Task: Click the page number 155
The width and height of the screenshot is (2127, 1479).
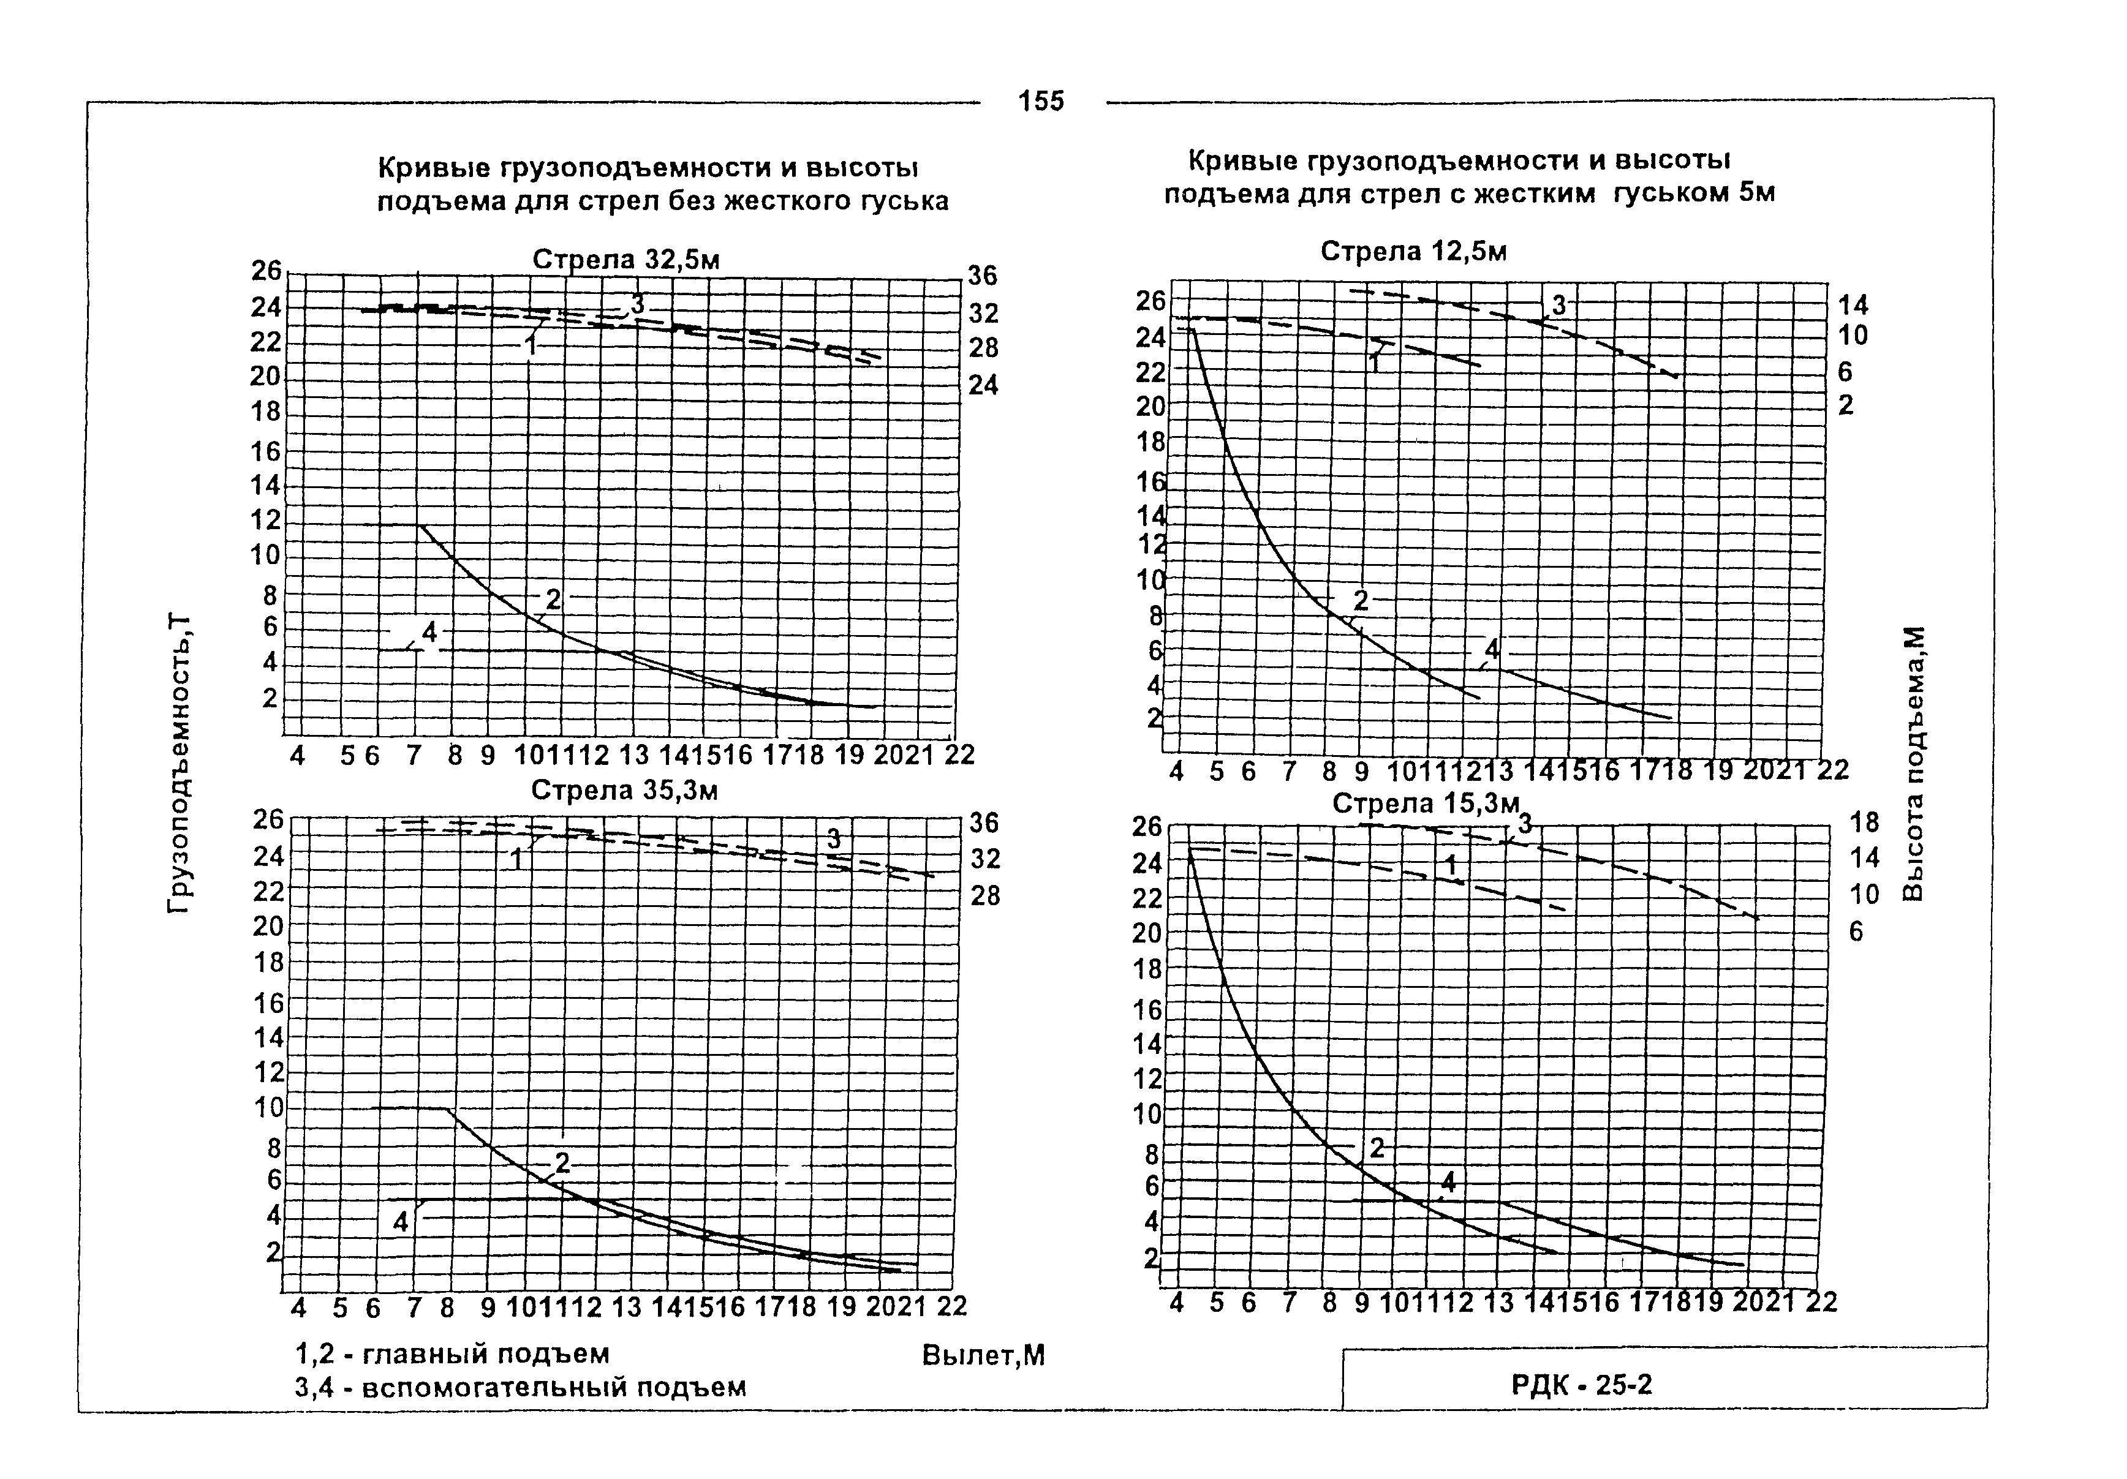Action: tap(1041, 101)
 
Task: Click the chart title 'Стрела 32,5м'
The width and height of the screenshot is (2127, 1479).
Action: tap(625, 260)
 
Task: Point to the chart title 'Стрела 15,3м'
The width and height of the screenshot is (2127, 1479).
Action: tap(1426, 804)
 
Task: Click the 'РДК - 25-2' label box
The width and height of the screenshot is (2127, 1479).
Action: tap(1581, 1385)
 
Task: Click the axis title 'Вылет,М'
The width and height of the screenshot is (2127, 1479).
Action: tap(983, 1356)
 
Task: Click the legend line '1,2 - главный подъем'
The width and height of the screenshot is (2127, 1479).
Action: tap(452, 1354)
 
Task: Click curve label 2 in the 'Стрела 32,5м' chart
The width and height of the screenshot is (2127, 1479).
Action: tap(553, 600)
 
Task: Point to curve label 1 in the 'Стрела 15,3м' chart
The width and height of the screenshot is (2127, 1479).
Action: tap(1451, 865)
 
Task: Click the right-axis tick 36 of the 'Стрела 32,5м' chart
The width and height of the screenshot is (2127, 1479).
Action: tap(983, 275)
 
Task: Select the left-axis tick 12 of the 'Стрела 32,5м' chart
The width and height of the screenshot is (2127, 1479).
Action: tap(266, 521)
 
